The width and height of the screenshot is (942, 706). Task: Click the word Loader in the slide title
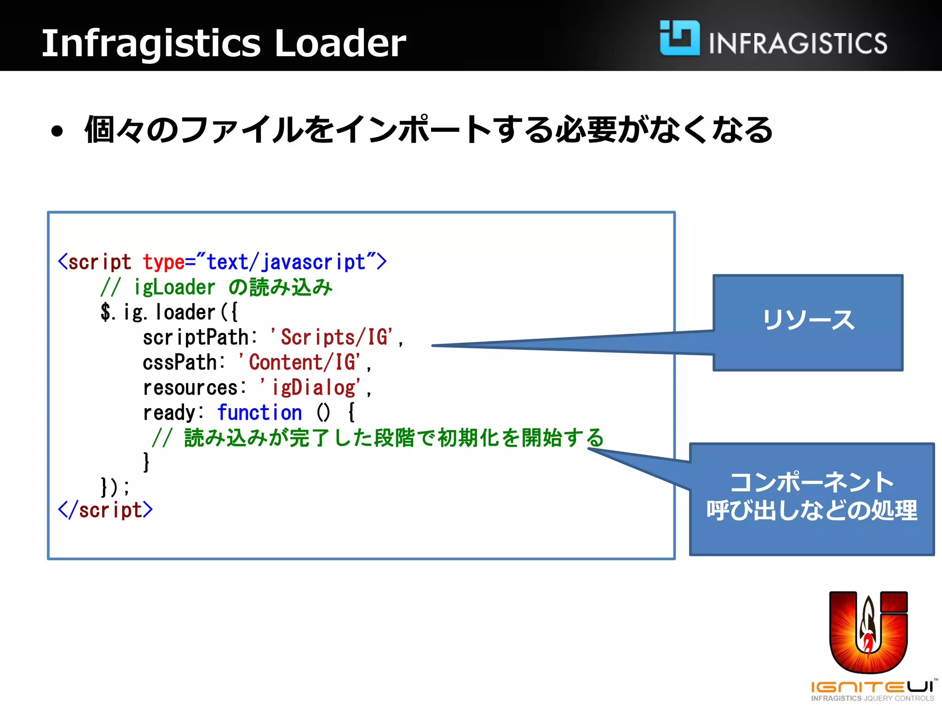coord(340,43)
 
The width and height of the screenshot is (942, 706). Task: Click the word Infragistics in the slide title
coord(151,43)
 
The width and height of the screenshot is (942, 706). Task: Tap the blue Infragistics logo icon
coord(679,38)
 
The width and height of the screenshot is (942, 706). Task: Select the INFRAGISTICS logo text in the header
coord(798,44)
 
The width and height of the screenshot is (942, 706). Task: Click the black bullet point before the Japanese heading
coord(57,131)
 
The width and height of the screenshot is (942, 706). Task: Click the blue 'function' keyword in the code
coord(259,412)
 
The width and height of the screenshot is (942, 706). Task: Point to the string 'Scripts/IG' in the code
coord(332,337)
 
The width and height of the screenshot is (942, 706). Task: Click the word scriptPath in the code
coord(195,337)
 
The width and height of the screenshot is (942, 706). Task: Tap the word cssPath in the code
coord(180,362)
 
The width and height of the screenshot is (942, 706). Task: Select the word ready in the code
coord(169,412)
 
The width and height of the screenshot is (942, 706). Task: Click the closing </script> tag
coord(105,510)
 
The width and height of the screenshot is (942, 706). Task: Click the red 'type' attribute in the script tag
coord(163,262)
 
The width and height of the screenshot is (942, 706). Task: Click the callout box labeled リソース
coord(808,322)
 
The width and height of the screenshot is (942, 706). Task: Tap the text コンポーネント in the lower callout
coord(812,482)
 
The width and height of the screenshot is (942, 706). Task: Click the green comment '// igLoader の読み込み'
coord(216,287)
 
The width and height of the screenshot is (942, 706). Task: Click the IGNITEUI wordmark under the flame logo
coord(872,687)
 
